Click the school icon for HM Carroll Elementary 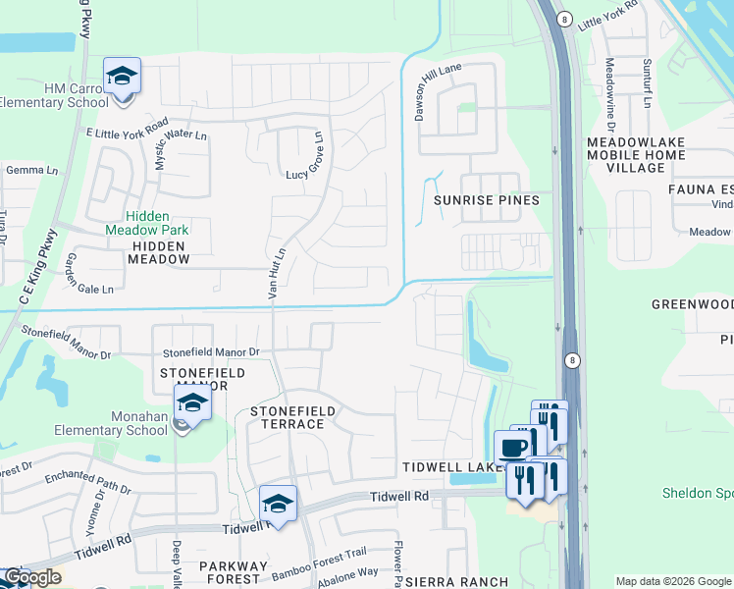(x=122, y=77)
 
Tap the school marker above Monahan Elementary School (x=192, y=403)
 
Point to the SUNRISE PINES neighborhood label (x=487, y=200)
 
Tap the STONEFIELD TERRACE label (x=292, y=417)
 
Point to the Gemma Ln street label (x=32, y=170)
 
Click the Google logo (x=32, y=577)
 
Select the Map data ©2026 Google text (x=672, y=581)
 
